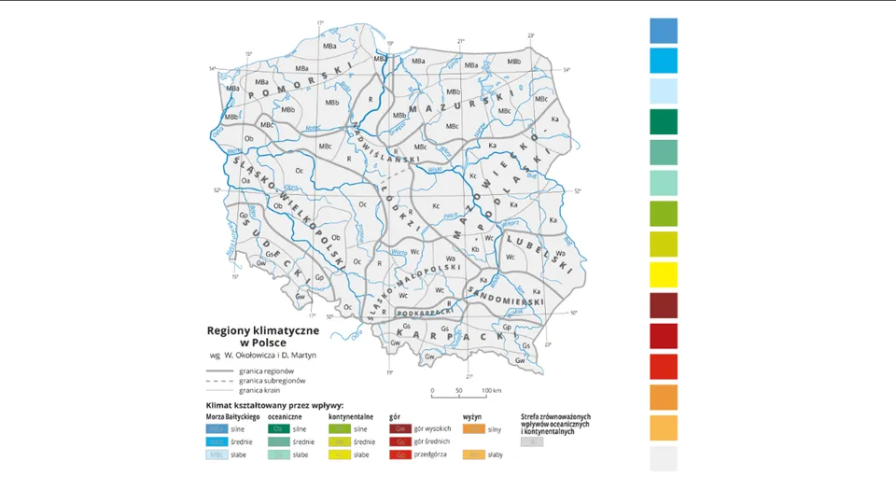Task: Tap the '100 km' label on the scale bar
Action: click(491, 391)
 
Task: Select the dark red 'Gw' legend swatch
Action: click(400, 427)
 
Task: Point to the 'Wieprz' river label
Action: click(511, 224)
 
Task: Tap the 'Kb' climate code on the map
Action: click(475, 249)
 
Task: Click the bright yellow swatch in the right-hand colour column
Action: click(664, 275)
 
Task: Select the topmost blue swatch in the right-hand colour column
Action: click(664, 30)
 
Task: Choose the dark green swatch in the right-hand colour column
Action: click(664, 121)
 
